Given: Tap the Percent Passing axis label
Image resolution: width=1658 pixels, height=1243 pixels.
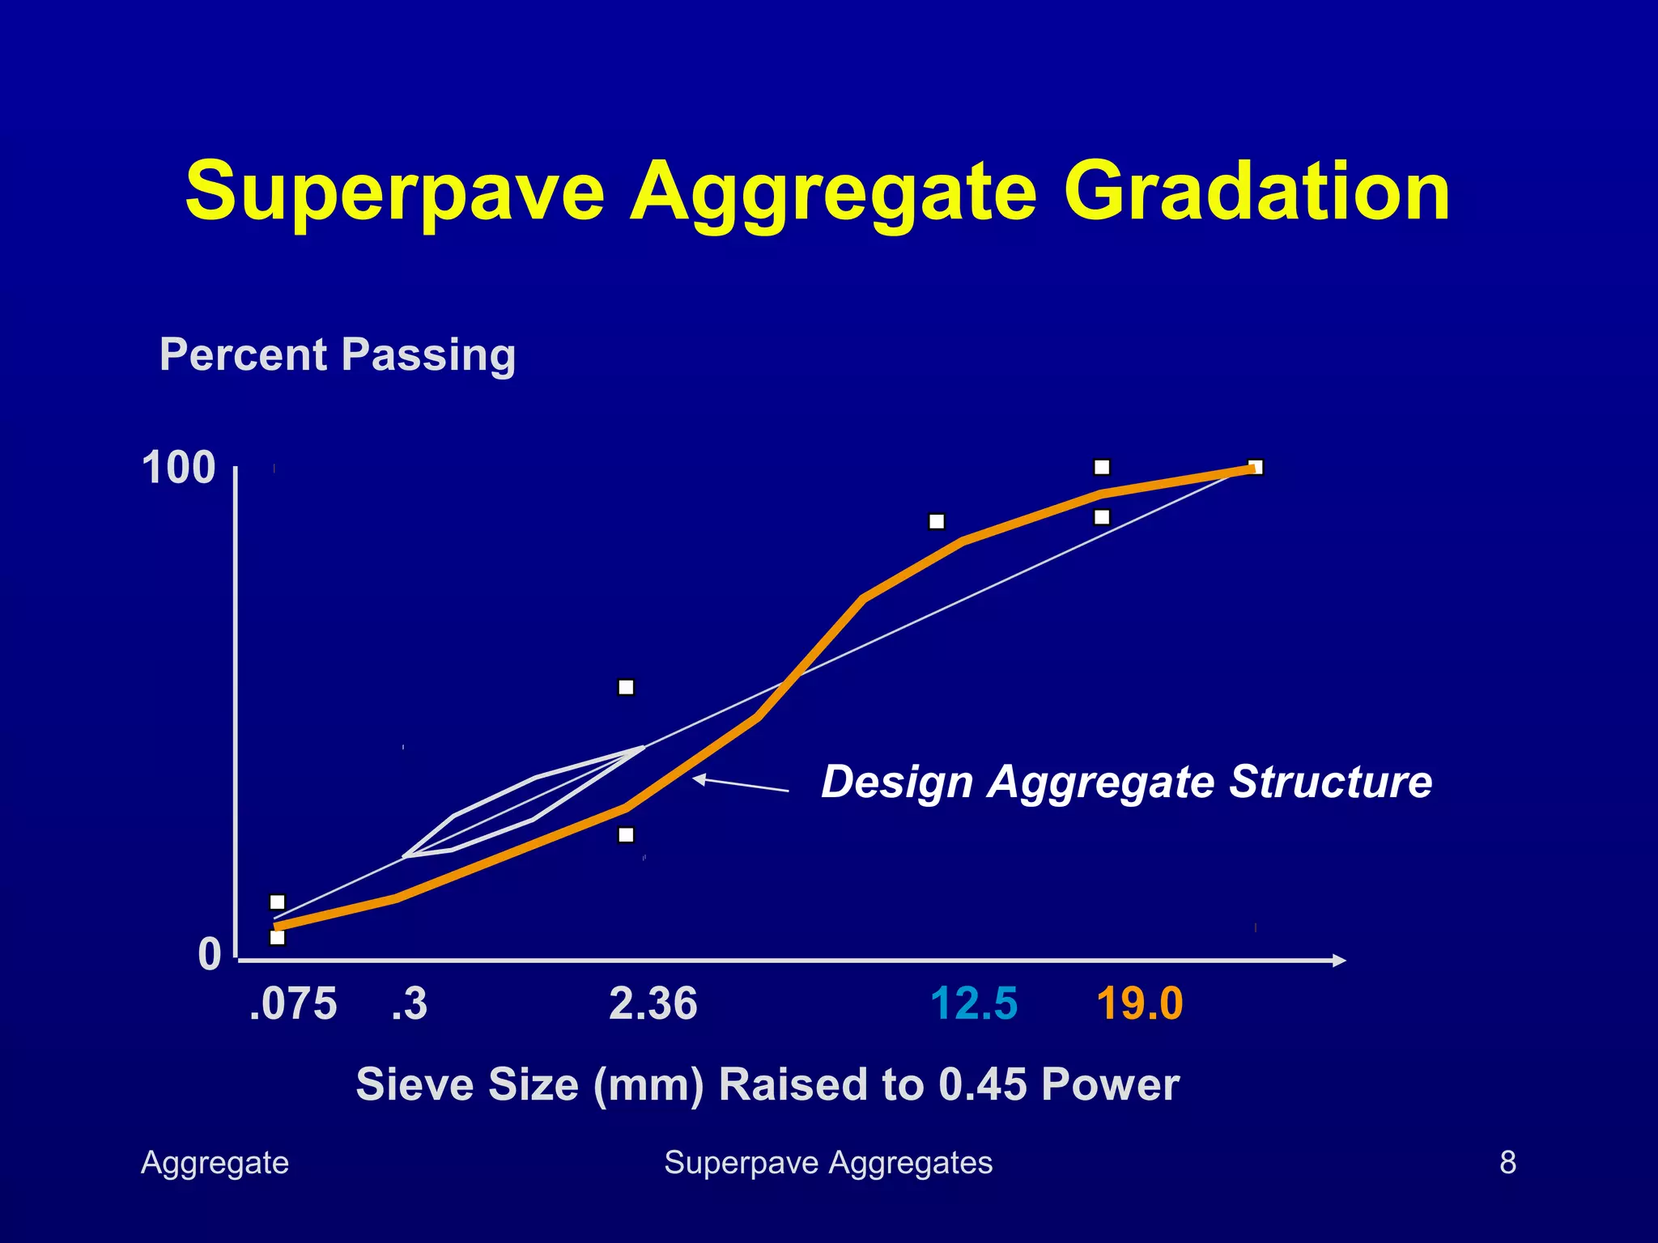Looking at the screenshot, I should [x=337, y=354].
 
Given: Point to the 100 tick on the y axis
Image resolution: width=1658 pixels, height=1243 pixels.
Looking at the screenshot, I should [x=178, y=468].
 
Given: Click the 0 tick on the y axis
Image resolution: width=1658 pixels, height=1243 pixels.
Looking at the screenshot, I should [x=209, y=954].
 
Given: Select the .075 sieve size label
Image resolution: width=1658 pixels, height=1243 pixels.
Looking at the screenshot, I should [x=293, y=1004].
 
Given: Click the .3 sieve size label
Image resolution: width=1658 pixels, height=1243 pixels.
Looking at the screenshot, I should [x=409, y=1004].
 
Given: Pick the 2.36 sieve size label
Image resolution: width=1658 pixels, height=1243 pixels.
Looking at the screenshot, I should [x=653, y=1004].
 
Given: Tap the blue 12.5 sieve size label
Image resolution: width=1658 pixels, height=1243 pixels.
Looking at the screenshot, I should [x=973, y=1004].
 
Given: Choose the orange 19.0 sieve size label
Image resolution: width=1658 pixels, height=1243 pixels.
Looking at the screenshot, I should [x=1139, y=1004].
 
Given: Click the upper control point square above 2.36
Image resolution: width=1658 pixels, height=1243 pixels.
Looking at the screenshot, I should [x=626, y=687].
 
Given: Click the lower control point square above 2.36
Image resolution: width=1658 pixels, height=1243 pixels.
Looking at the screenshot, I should [x=626, y=834].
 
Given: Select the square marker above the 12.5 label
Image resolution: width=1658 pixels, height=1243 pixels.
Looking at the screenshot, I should [x=937, y=521].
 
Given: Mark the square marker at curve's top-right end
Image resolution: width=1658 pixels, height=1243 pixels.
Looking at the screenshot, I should [x=1256, y=467].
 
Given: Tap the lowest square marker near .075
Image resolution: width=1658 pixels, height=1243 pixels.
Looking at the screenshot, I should [x=277, y=938].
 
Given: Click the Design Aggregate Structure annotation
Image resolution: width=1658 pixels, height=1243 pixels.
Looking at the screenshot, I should [x=1126, y=782].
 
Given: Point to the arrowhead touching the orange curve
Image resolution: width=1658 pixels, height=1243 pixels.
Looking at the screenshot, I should [x=698, y=778].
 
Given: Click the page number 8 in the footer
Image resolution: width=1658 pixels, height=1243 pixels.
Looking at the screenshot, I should [x=1507, y=1162].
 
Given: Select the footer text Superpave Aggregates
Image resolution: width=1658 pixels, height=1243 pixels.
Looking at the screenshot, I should [x=828, y=1162].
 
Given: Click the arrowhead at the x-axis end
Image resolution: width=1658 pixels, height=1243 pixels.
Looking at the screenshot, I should [x=1340, y=960].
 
